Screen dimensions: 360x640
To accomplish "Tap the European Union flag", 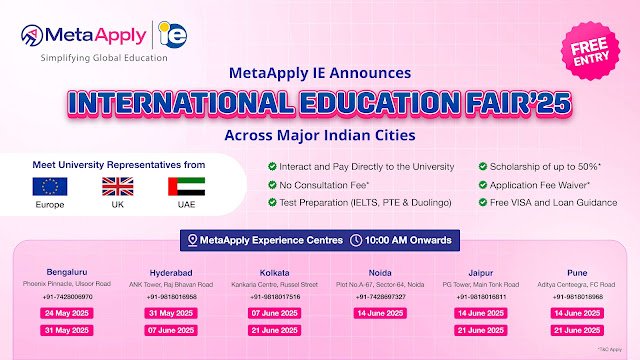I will click(x=49, y=186).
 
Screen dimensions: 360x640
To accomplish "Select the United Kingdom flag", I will click(x=115, y=186).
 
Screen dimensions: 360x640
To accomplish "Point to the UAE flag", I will click(x=180, y=186).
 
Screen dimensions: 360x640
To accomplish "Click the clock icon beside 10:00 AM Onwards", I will click(x=357, y=240).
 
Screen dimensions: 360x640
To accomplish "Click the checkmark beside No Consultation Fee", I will click(x=272, y=184).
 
